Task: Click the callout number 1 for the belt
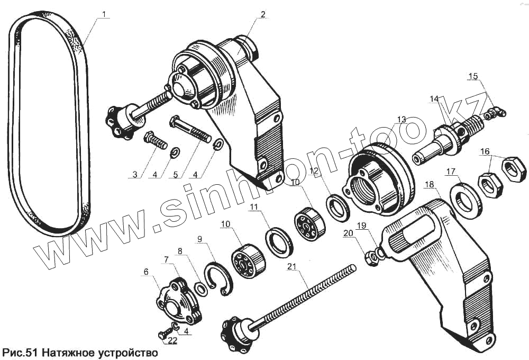pyautogui.click(x=104, y=13)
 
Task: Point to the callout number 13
pyautogui.click(x=400, y=119)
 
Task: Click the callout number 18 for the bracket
pyautogui.click(x=428, y=184)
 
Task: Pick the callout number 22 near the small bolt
pyautogui.click(x=172, y=340)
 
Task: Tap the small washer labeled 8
pyautogui.click(x=201, y=289)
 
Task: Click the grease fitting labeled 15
pyautogui.click(x=497, y=111)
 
